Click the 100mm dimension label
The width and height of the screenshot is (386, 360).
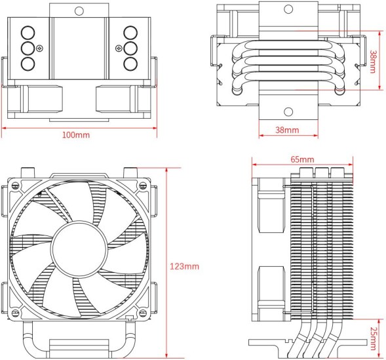[76, 134]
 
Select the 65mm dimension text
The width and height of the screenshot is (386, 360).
[302, 159]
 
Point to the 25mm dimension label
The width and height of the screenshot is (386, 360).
[373, 335]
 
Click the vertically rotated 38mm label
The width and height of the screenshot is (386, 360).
[373, 61]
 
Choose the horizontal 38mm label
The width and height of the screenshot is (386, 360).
[287, 130]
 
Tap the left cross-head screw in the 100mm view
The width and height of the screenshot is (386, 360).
[41, 48]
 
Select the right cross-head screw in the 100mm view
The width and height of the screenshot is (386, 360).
[118, 48]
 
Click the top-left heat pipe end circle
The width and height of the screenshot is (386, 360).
[28, 32]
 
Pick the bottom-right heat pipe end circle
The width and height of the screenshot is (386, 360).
[130, 64]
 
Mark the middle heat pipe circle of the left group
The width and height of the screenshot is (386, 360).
[28, 48]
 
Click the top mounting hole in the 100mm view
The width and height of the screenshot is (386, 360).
[79, 10]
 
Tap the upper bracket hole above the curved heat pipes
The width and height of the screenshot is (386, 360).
[287, 10]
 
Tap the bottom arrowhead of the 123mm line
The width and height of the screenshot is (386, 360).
[168, 357]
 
